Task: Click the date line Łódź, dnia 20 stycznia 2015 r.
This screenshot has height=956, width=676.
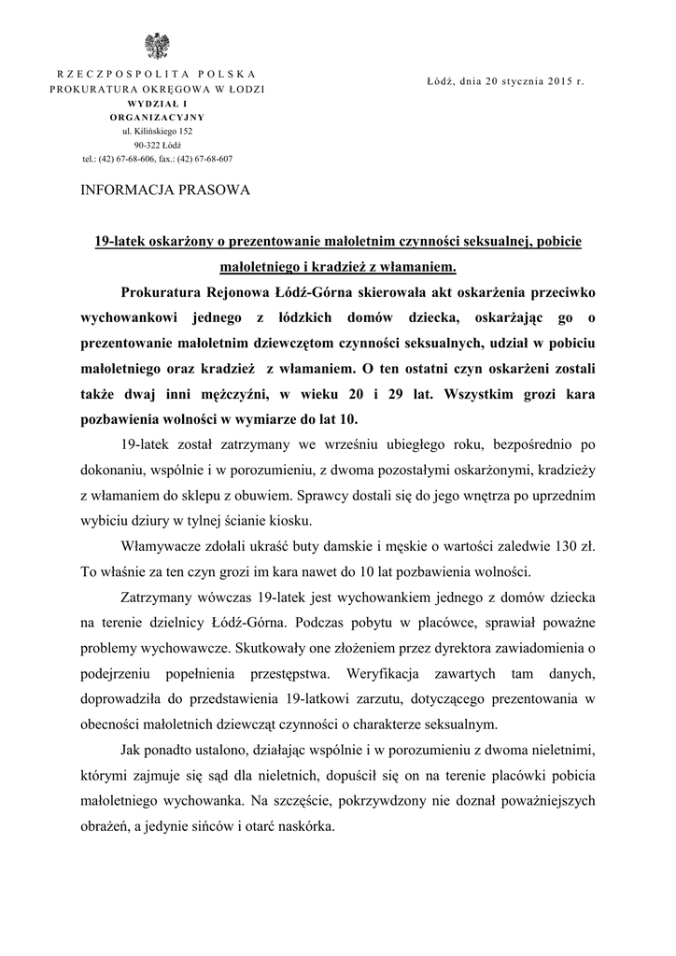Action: pyautogui.click(x=505, y=81)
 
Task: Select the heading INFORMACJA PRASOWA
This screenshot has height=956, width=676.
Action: pyautogui.click(x=166, y=190)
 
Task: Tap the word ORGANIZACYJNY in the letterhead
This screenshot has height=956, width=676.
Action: pyautogui.click(x=157, y=118)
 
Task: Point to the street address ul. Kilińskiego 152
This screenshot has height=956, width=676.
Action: pyautogui.click(x=157, y=132)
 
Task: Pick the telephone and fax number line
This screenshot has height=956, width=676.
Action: pyautogui.click(x=157, y=159)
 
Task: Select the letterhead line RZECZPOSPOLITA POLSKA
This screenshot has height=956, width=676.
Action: pyautogui.click(x=157, y=73)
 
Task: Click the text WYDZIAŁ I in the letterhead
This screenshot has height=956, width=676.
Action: pyautogui.click(x=157, y=103)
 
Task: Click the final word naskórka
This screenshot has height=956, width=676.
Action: pyautogui.click(x=303, y=826)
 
